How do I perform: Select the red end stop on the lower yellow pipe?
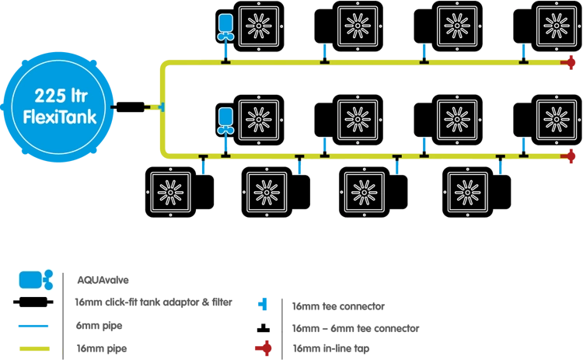click(x=569, y=156)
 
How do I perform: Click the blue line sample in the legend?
click(x=31, y=326)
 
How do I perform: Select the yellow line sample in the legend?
click(x=37, y=348)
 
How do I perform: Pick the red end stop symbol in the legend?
click(x=267, y=347)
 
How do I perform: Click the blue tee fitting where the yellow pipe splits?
click(x=161, y=106)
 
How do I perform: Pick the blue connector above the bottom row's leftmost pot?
click(x=201, y=166)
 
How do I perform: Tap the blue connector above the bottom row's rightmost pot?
click(x=499, y=166)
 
